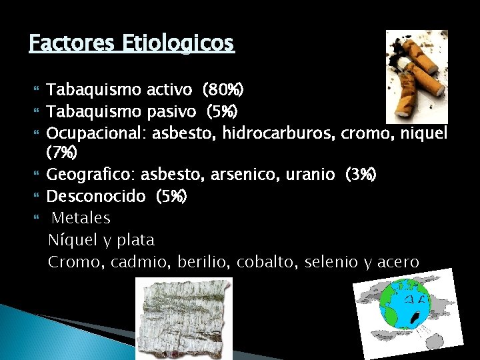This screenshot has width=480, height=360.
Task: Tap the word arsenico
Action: click(x=240, y=175)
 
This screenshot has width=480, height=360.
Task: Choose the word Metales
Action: click(x=81, y=218)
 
